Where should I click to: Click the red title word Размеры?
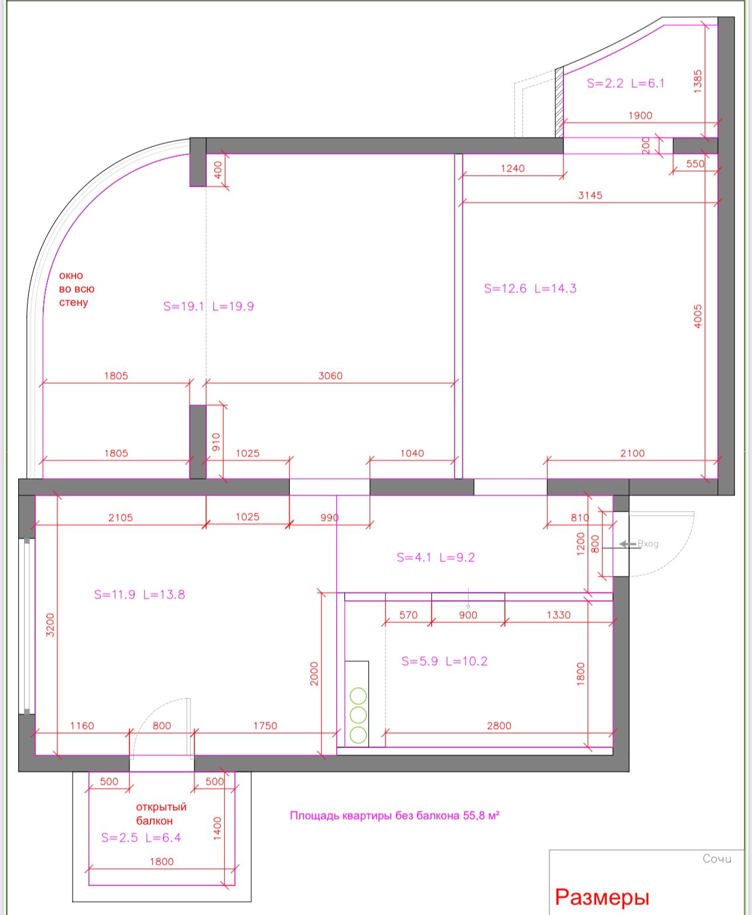coord(602,896)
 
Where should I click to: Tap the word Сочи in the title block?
coord(717,859)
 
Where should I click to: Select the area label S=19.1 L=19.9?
coord(208,306)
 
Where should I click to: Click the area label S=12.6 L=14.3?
coord(530,289)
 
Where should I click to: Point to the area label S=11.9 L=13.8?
coord(139,594)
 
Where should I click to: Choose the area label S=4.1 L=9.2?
coord(436,557)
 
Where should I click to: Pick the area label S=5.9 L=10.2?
coord(445,661)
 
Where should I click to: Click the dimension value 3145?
coord(590,195)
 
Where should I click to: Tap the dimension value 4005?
coord(698,316)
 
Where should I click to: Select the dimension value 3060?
coord(330,376)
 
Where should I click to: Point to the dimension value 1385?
coord(698,81)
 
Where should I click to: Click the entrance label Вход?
coord(648,544)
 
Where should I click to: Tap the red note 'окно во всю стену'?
coord(76,289)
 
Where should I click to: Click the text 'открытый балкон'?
coord(161,814)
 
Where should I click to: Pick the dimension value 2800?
coord(499,725)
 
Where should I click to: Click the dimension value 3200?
coord(50,625)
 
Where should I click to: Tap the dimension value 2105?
coord(120,518)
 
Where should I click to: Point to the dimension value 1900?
coord(640,115)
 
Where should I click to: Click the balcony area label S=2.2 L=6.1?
coord(625,83)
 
